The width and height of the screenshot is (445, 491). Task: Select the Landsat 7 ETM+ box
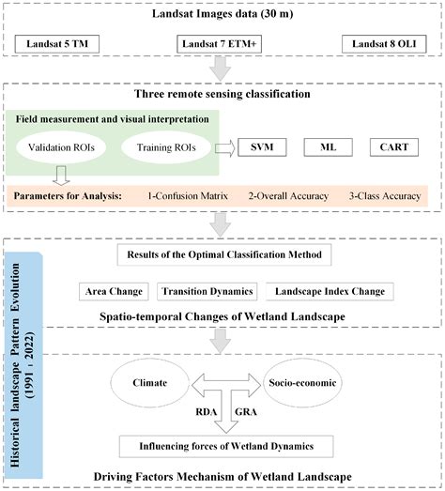click(x=222, y=44)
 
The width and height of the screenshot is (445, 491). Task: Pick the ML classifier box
click(x=328, y=146)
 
